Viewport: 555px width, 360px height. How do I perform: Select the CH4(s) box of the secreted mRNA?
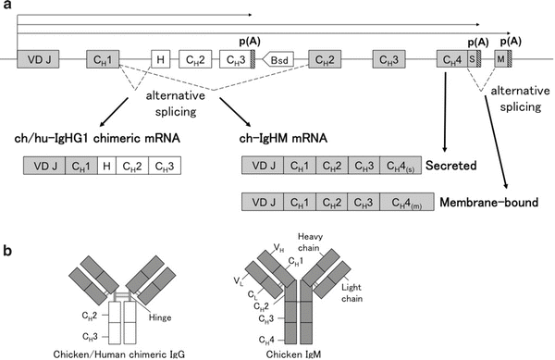click(400, 168)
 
